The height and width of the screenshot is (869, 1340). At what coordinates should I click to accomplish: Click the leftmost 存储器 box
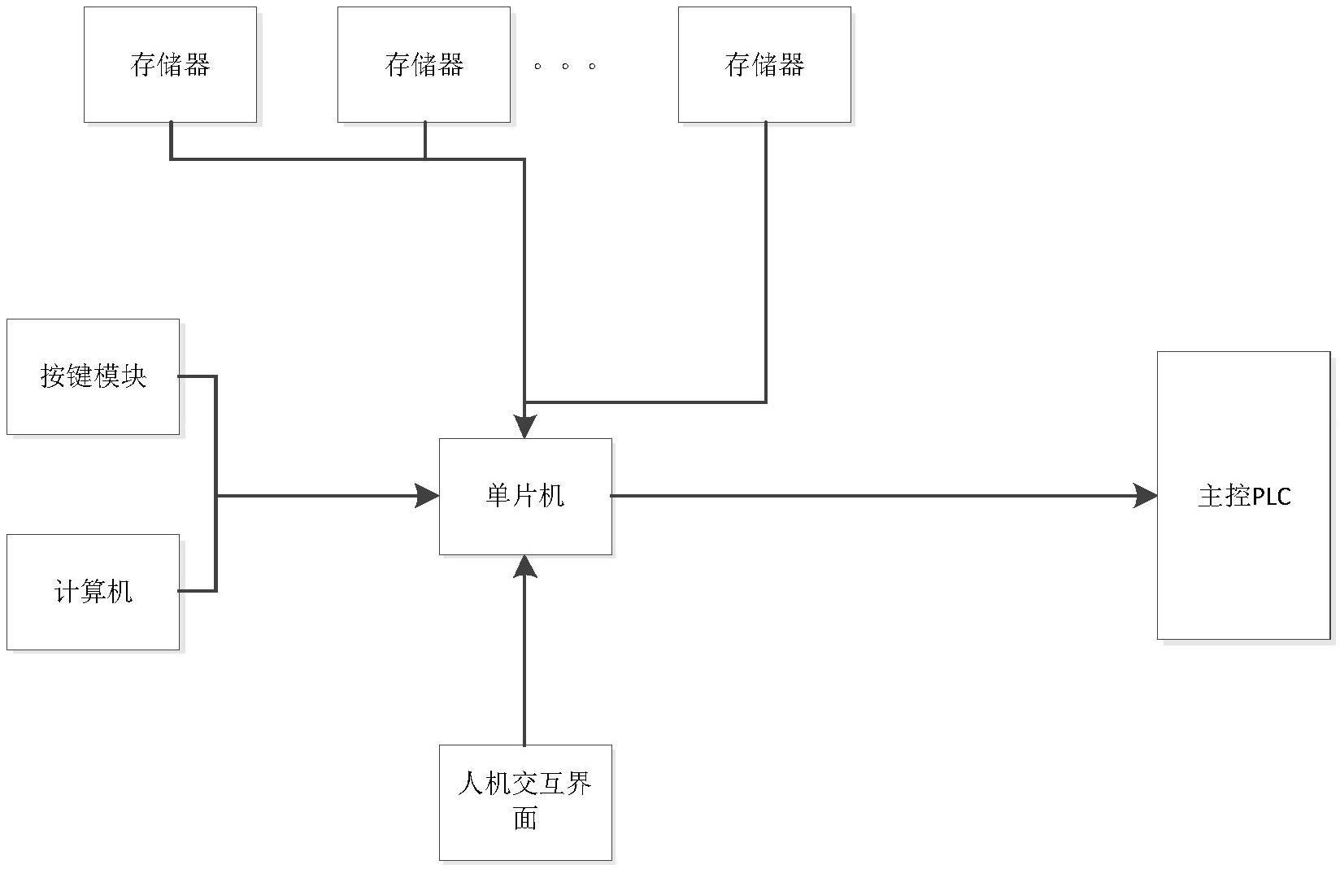[170, 65]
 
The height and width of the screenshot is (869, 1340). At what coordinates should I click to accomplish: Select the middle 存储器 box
[424, 65]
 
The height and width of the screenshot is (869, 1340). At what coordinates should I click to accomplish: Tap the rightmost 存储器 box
[764, 65]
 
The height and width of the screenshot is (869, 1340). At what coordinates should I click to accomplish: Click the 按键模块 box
[93, 376]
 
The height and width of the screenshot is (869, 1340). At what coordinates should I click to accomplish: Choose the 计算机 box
[93, 592]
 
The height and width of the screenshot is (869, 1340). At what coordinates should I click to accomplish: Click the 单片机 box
[525, 496]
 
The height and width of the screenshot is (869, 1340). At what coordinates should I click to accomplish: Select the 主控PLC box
[1243, 496]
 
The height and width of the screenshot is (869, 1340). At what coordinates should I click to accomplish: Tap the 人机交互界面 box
[525, 802]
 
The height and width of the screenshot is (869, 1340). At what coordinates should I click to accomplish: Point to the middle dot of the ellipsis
[565, 66]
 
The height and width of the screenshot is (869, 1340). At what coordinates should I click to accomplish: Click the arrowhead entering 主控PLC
[1146, 495]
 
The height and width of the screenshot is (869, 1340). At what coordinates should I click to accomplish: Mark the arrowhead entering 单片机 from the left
[428, 495]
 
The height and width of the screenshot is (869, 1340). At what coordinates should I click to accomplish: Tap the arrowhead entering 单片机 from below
[525, 566]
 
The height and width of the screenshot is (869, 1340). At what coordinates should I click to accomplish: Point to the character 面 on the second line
[525, 818]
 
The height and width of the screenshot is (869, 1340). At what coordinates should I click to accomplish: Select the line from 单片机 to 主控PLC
[878, 495]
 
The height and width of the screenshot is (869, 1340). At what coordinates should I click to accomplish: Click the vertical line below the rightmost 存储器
[765, 260]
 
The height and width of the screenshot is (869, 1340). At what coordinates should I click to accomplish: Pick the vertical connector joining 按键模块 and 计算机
[216, 484]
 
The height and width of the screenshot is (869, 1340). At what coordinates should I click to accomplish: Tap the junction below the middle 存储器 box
[424, 159]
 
